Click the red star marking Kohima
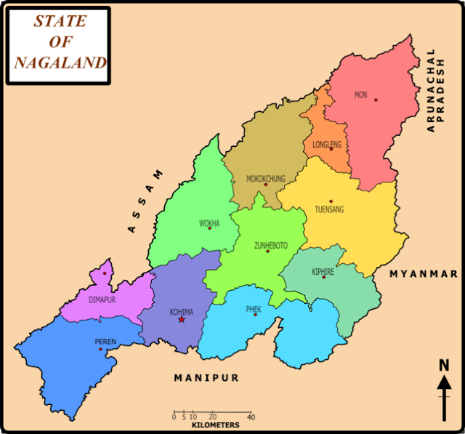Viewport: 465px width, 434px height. (x=182, y=319)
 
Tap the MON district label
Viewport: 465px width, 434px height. (x=361, y=95)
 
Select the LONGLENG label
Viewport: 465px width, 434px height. (x=326, y=145)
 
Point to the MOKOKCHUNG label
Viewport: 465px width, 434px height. (x=266, y=178)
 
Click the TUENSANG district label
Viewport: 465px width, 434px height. (x=329, y=209)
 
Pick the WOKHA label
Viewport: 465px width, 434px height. (x=209, y=223)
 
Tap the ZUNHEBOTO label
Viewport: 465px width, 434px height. (x=270, y=246)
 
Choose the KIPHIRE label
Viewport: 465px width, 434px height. (x=323, y=271)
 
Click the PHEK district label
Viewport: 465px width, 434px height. (x=254, y=309)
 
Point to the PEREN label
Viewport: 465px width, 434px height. (x=105, y=341)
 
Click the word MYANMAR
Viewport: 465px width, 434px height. (x=424, y=274)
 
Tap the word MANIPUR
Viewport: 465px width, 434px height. (x=206, y=378)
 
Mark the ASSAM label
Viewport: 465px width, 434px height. (x=146, y=201)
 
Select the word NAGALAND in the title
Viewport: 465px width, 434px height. (x=60, y=63)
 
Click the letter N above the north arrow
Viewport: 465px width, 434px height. (x=444, y=365)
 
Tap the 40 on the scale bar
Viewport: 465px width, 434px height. (x=251, y=417)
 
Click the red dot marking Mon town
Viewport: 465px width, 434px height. (x=376, y=100)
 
